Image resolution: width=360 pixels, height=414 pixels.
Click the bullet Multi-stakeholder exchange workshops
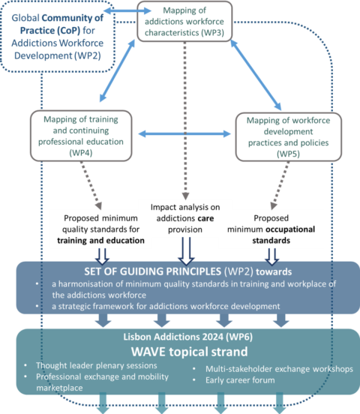point(269,369)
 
